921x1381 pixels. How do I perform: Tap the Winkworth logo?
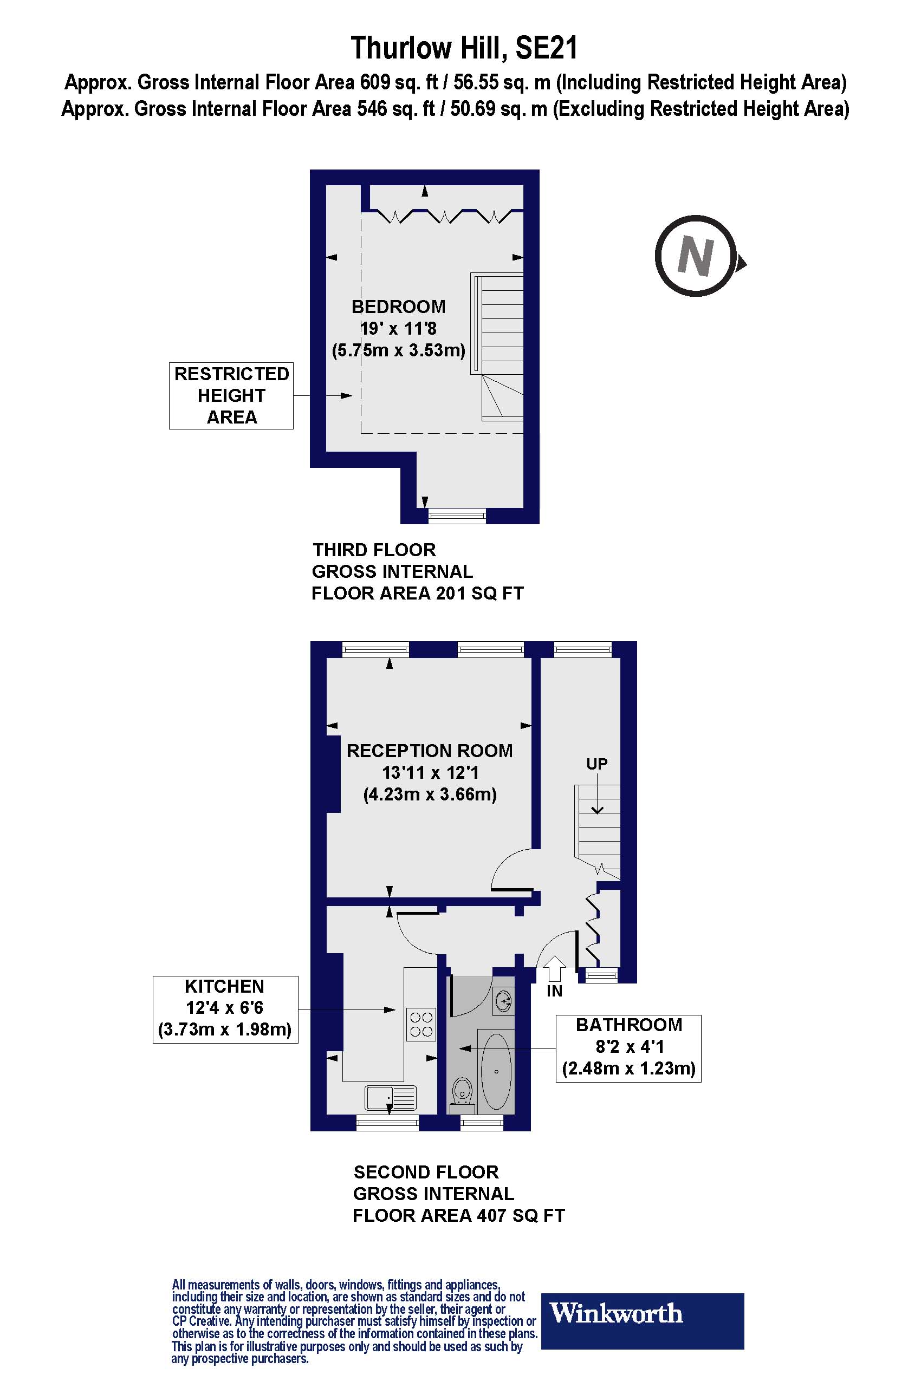pyautogui.click(x=642, y=1320)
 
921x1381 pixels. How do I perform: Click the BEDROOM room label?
pyautogui.click(x=398, y=307)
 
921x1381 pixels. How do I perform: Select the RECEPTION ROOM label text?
pyautogui.click(x=430, y=751)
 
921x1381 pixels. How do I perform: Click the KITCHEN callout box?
pyautogui.click(x=225, y=1009)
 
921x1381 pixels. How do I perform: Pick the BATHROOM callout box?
pyautogui.click(x=628, y=1048)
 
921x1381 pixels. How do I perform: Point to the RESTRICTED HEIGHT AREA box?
pyautogui.click(x=231, y=396)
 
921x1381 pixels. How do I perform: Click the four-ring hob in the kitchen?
pyautogui.click(x=421, y=1025)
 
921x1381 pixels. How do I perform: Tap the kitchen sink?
pyautogui.click(x=390, y=1097)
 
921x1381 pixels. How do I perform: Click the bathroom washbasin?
pyautogui.click(x=503, y=999)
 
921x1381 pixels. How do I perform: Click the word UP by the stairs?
pyautogui.click(x=597, y=764)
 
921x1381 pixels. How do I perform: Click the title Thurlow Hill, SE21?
pyautogui.click(x=464, y=48)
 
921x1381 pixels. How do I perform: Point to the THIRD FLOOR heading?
pyautogui.click(x=374, y=550)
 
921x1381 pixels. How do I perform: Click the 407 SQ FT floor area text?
pyautogui.click(x=521, y=1215)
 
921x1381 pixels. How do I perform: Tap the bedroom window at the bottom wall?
pyautogui.click(x=457, y=516)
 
